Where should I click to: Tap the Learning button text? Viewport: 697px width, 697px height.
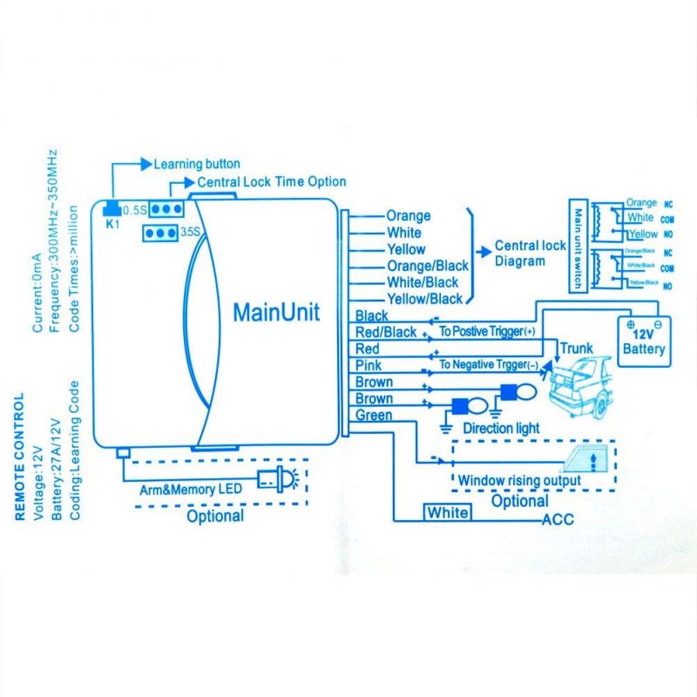(197, 164)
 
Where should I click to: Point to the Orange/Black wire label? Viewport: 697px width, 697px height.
(427, 266)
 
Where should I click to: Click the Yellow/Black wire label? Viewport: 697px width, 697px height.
(423, 299)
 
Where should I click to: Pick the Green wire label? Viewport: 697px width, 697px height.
(374, 416)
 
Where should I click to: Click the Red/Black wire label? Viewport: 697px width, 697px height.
(386, 332)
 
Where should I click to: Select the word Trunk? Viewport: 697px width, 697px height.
(576, 348)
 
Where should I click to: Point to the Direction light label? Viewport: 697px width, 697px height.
(501, 429)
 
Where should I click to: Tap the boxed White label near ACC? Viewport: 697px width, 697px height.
(447, 512)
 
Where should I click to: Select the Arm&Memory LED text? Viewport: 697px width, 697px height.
(190, 489)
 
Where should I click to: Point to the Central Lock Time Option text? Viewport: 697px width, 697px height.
(272, 182)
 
